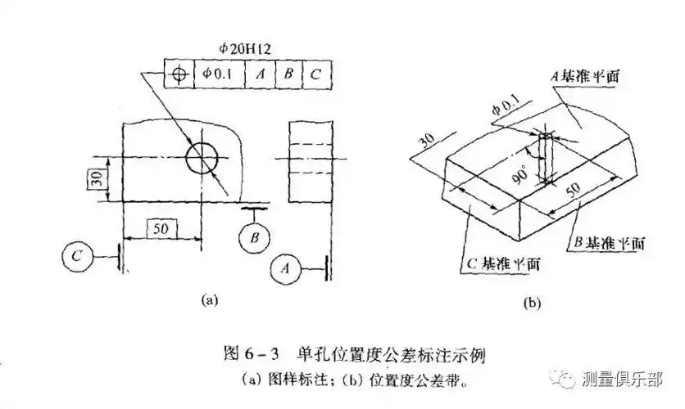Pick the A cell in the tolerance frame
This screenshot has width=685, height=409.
(x=260, y=74)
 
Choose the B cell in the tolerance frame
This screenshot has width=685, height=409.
(x=288, y=74)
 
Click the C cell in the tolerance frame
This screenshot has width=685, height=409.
(x=315, y=74)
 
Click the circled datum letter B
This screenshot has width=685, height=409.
(x=255, y=238)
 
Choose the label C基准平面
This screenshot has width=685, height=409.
(x=501, y=265)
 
